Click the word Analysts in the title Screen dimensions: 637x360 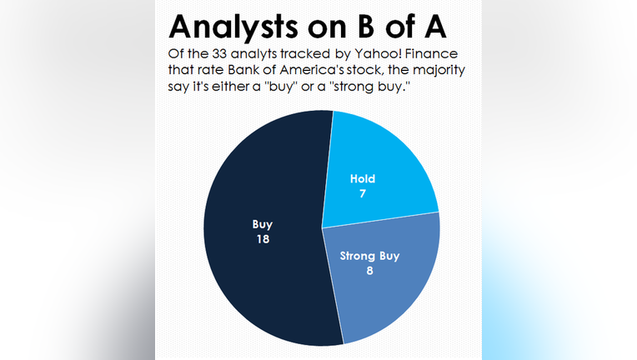point(233,27)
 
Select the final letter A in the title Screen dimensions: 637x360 point(434,27)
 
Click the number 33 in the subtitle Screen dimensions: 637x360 point(219,54)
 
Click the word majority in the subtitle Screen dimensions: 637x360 point(439,71)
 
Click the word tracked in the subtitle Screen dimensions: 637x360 point(304,54)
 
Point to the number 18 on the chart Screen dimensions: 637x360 point(263,239)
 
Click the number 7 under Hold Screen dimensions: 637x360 point(363,193)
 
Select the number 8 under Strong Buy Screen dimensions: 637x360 point(369,271)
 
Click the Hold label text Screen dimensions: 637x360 point(363,179)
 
